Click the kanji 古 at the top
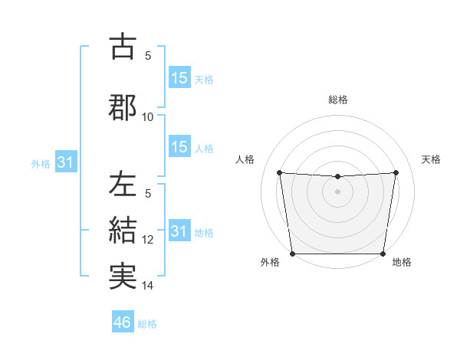pos(123,47)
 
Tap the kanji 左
pos(123,186)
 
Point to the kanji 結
pos(123,230)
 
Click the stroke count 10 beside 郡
pos(148,117)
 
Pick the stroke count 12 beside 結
pos(148,240)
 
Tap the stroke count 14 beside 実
pos(148,286)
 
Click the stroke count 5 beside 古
pos(148,56)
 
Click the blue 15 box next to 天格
pos(179,78)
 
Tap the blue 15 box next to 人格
pos(179,147)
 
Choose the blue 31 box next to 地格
pos(179,231)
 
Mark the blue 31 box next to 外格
pos(65,162)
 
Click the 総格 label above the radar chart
pos(338,100)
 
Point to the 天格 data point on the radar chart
pos(396,172)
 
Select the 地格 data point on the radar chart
pos(383,254)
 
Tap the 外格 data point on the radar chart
pos(293,254)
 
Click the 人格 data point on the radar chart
pos(279,172)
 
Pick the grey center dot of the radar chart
pos(338,191)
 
